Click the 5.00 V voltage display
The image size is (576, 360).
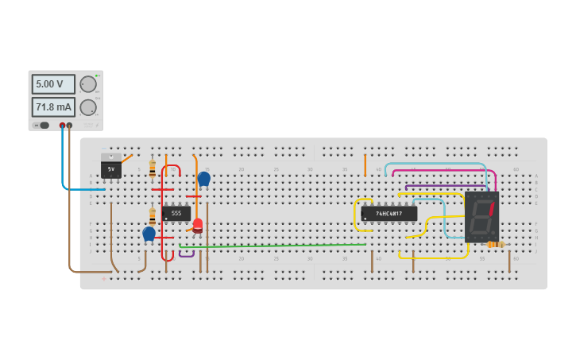tap(53, 84)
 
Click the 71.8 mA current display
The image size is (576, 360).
tap(53, 107)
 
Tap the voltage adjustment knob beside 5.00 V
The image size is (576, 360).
tap(88, 84)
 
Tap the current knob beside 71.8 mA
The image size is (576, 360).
tap(88, 107)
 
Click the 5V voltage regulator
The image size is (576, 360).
tap(111, 168)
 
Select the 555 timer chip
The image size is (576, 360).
tap(176, 213)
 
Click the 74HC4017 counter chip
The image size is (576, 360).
tap(389, 213)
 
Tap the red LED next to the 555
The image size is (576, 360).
tap(197, 225)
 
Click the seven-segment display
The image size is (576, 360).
tap(481, 216)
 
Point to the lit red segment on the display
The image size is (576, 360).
tap(491, 208)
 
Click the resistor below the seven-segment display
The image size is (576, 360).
tap(496, 244)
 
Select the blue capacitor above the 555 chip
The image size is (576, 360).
tap(204, 179)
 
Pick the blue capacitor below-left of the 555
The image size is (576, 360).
tap(149, 234)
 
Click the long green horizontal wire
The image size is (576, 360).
tap(278, 246)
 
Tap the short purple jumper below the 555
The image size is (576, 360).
tap(187, 255)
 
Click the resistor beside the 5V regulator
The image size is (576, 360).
tap(153, 169)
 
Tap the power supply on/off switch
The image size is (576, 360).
tap(44, 125)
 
